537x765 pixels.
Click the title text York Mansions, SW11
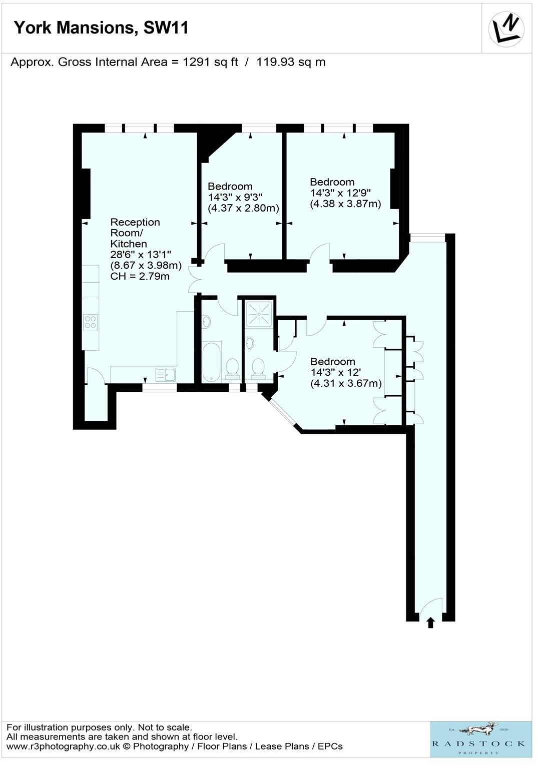coord(101,28)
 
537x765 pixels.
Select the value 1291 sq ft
coord(211,62)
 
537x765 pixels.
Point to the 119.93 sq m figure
coord(291,62)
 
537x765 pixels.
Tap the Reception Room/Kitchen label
coord(135,233)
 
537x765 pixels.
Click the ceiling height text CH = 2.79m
coord(140,276)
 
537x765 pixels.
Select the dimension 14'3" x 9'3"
coord(235,197)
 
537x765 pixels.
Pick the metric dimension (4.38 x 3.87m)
coord(345,204)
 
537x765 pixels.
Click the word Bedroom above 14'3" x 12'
coord(333,361)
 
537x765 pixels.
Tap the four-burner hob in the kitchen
coord(91,321)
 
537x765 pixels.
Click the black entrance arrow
coord(430,623)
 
